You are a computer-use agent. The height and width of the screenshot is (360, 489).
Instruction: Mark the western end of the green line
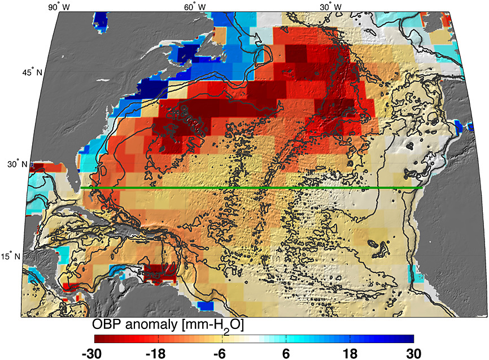[x=81, y=188]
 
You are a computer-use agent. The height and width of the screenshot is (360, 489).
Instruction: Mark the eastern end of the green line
[x=422, y=188]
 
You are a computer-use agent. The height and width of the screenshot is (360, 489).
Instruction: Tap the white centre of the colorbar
[x=254, y=339]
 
